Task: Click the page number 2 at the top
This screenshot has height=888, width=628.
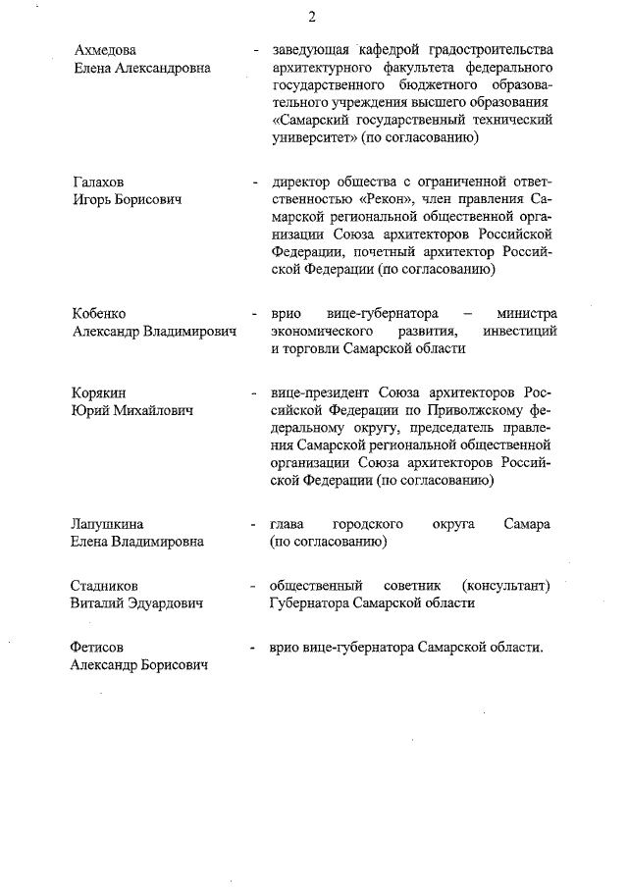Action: pos(311,17)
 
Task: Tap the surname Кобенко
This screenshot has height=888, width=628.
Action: pos(100,314)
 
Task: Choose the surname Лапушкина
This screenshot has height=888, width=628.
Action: pos(114,524)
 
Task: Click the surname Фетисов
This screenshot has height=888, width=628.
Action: pos(102,648)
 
